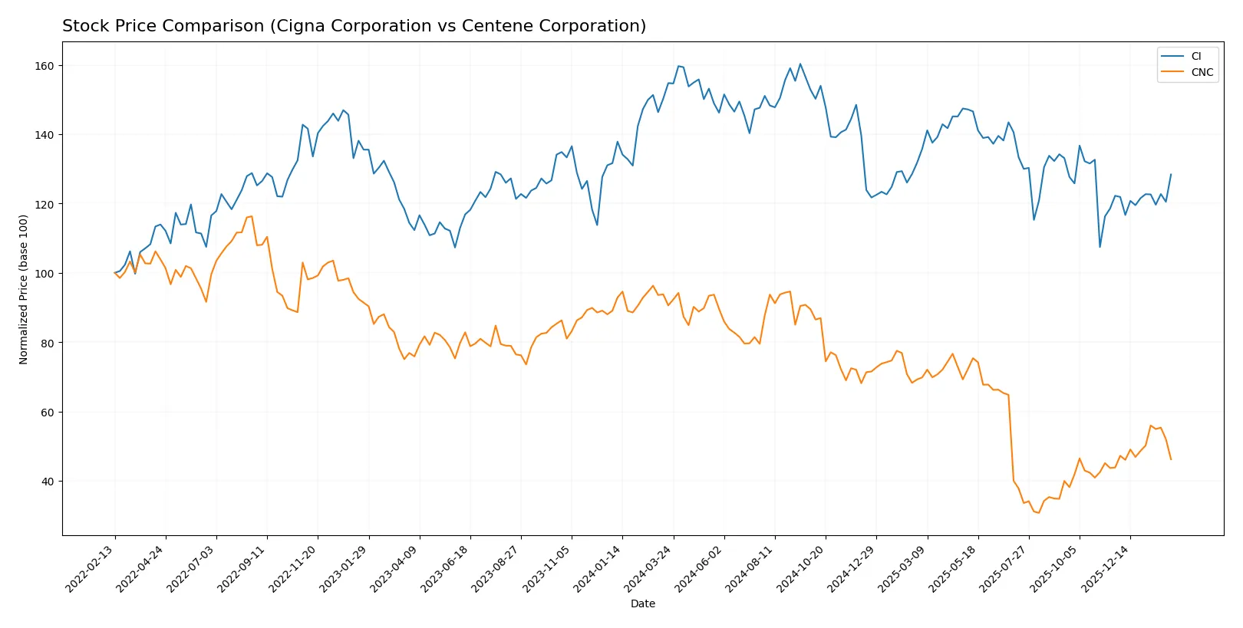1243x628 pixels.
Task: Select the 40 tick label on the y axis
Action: pos(48,482)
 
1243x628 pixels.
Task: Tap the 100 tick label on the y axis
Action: pos(45,274)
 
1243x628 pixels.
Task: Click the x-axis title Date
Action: pos(642,604)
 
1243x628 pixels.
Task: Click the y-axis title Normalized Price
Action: pos(24,289)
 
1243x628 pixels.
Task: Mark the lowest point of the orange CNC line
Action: pos(1039,513)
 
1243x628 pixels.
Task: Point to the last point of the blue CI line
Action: pos(1171,174)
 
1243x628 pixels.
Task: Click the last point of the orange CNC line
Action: pos(1171,459)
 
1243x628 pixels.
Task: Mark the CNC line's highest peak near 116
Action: pos(251,216)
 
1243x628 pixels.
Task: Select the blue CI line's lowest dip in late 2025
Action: pos(1100,247)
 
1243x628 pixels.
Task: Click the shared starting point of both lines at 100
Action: pos(115,273)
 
